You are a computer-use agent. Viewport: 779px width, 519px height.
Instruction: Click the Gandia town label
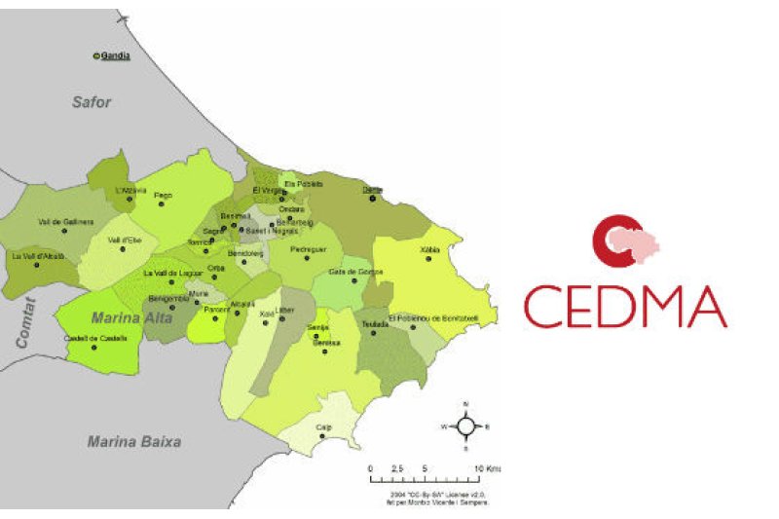coord(115,56)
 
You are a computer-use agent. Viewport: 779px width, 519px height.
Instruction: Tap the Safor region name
coord(92,101)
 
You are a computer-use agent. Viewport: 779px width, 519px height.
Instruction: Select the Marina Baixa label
coord(133,441)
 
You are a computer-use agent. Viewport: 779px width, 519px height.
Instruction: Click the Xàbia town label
coord(429,249)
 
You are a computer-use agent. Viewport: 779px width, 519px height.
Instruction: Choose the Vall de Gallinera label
coord(65,221)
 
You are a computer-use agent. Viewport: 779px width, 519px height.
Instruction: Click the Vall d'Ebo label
coord(123,240)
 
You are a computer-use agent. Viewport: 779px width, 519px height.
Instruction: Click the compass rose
coord(466,426)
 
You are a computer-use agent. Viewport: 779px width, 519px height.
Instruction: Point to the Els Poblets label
coord(303,183)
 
